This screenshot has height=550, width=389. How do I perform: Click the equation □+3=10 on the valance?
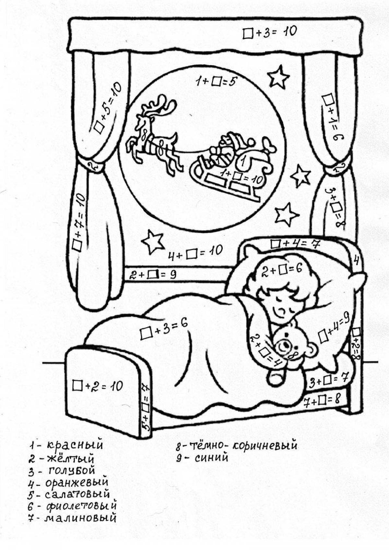coord(269,32)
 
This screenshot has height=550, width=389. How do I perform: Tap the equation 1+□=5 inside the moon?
coord(215,82)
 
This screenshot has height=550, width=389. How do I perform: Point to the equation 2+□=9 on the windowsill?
coord(153,275)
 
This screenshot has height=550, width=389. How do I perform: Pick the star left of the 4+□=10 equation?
coord(152,242)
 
